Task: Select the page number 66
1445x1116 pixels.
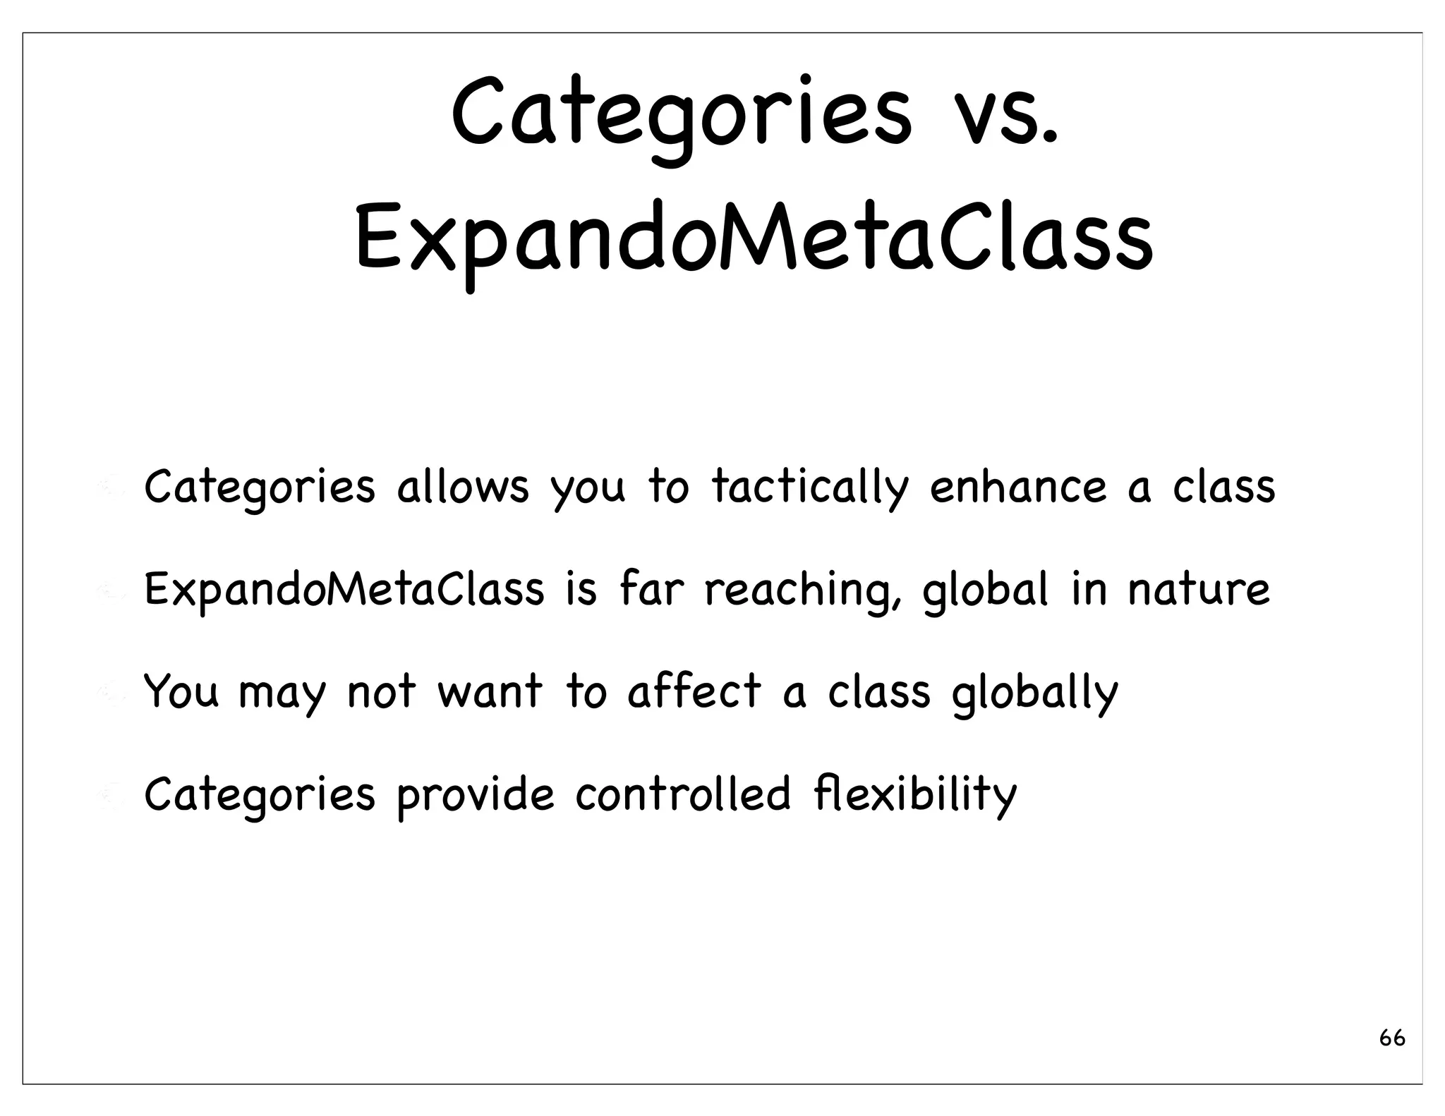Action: [x=1392, y=1038]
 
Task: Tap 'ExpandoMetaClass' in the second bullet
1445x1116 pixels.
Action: [x=344, y=589]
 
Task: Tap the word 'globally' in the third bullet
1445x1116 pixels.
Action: [x=1034, y=693]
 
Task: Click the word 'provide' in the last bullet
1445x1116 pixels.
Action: [x=476, y=794]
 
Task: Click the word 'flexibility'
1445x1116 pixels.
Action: [x=914, y=794]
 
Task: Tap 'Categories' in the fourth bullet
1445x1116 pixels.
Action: [x=259, y=794]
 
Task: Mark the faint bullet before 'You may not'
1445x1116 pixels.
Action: [x=111, y=693]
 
